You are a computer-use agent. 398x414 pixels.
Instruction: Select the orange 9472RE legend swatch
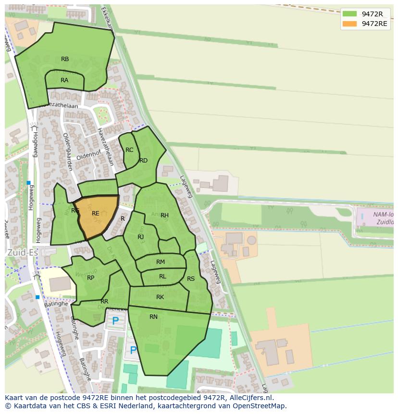tap(349, 24)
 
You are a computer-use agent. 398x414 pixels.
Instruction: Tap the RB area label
tap(65, 59)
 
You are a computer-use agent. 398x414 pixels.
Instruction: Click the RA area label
tap(64, 80)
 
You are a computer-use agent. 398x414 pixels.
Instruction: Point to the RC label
tap(129, 150)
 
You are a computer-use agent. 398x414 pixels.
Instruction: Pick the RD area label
tap(143, 161)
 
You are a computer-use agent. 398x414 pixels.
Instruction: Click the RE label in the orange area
tap(95, 213)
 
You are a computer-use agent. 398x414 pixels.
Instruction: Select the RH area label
tap(164, 215)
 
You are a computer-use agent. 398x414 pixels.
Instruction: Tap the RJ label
tap(140, 237)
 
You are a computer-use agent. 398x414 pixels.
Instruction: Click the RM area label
tap(161, 262)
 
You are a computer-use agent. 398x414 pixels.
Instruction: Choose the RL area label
tap(162, 276)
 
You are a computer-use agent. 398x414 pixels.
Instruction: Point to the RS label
tap(191, 279)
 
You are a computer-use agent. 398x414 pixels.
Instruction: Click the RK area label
tap(160, 297)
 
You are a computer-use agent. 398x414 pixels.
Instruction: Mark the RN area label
tap(153, 317)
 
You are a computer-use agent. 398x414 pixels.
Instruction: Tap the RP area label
tap(90, 278)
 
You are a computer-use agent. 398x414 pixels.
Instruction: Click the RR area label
tap(104, 301)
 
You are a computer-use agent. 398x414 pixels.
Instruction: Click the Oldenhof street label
tap(87, 156)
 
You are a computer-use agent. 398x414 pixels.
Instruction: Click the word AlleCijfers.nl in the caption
tap(250, 398)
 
